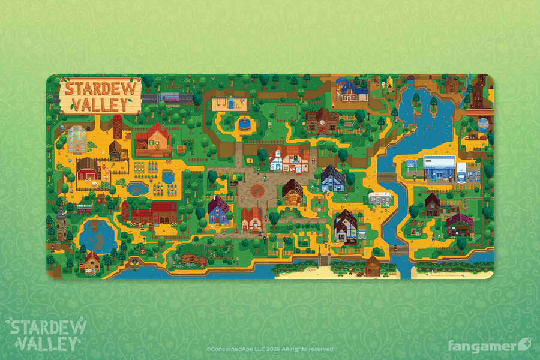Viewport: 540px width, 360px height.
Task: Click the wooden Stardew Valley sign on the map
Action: [100, 97]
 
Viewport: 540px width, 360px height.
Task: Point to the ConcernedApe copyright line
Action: [269, 349]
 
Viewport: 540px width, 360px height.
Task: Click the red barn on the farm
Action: [88, 169]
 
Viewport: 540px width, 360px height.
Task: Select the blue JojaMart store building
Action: [439, 166]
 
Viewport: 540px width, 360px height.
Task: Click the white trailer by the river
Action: [380, 198]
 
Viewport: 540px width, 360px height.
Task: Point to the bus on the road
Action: [172, 96]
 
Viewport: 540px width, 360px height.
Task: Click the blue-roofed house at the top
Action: [352, 90]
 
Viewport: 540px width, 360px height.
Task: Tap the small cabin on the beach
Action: [373, 265]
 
